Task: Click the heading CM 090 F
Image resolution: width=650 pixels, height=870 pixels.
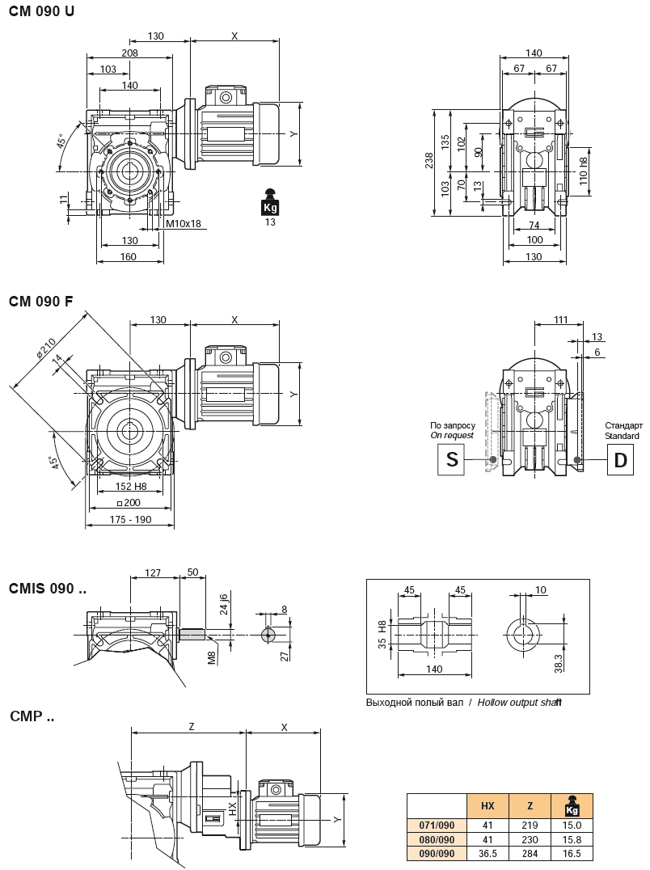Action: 41,302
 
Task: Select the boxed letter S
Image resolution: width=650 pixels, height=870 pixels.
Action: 451,460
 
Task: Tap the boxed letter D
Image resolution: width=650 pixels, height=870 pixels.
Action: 620,460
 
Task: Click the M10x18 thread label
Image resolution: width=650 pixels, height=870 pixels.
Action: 183,224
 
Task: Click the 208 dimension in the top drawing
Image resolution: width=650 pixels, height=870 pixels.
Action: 129,53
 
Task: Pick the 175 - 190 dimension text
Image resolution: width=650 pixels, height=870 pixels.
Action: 130,520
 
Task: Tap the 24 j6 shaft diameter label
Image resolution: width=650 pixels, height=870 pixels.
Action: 225,605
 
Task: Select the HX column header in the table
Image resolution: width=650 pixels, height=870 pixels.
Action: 487,806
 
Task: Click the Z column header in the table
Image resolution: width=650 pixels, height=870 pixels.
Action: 530,806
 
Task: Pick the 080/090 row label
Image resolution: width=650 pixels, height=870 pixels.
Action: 437,839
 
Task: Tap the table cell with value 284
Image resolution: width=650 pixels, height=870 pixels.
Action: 530,854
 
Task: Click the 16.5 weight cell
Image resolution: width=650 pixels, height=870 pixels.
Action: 572,854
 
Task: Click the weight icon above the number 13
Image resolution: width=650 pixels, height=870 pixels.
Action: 270,202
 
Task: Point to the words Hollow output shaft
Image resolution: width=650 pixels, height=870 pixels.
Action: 519,703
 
